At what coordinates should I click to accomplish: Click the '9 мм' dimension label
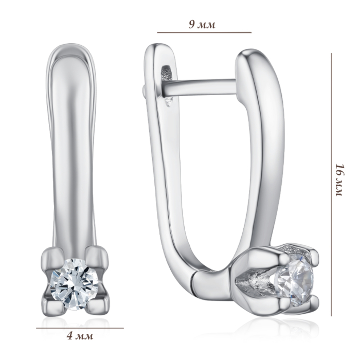tap(202, 24)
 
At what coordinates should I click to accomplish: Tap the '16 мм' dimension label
tap(339, 180)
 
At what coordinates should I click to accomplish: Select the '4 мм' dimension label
tap(80, 336)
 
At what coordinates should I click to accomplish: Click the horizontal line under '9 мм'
tap(204, 32)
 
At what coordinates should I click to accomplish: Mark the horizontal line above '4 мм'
tap(80, 328)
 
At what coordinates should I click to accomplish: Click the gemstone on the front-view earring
tap(75, 284)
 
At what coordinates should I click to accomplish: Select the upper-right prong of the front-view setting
tap(97, 257)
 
